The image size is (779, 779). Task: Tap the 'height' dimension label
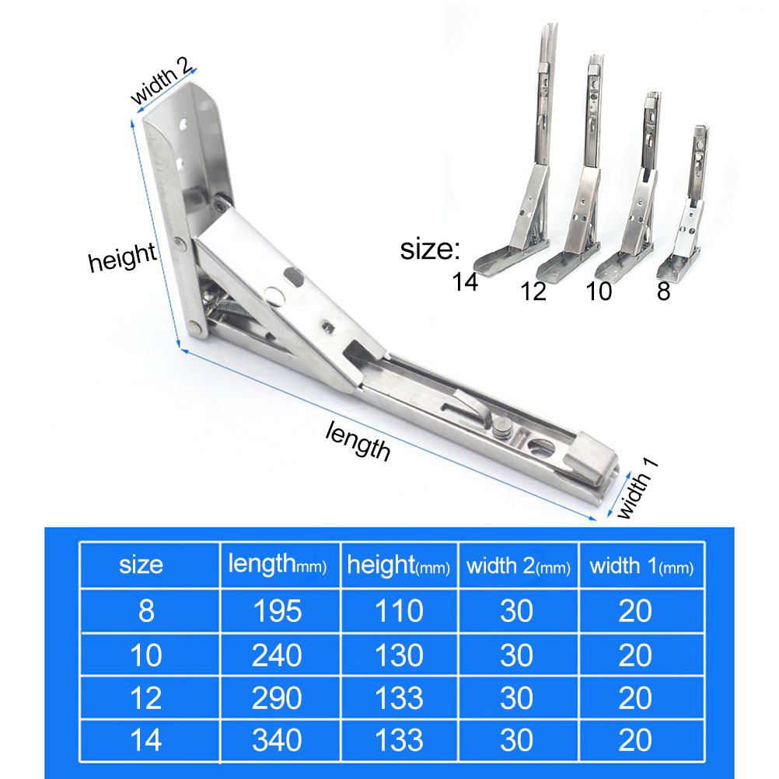[122, 257]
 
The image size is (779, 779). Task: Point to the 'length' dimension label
[358, 441]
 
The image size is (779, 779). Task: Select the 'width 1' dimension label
[637, 489]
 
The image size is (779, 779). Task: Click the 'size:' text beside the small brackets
[430, 249]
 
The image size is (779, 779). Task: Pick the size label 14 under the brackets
[464, 282]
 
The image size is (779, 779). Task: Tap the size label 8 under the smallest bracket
[664, 291]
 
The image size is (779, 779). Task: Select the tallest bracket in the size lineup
[517, 164]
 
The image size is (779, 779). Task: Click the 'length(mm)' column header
[278, 564]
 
